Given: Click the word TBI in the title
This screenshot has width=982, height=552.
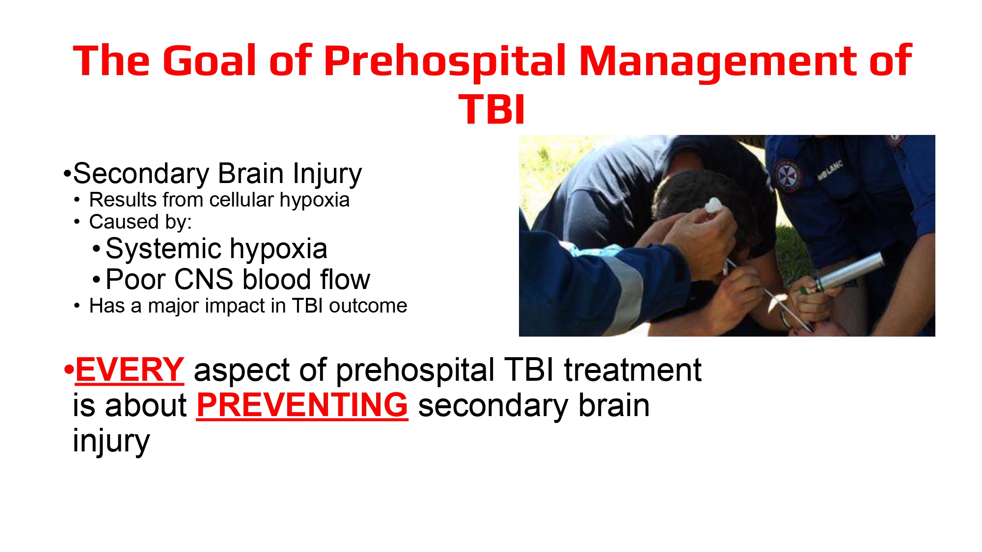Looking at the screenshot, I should (x=491, y=109).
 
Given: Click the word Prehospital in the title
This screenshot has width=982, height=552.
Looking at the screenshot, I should (x=444, y=61).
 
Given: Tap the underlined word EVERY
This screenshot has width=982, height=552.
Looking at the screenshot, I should (x=130, y=369).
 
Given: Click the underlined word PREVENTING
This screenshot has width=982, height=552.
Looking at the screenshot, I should (x=302, y=405).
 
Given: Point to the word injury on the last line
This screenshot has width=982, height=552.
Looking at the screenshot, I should (x=111, y=441).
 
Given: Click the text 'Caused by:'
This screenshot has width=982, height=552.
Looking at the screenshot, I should (x=140, y=222).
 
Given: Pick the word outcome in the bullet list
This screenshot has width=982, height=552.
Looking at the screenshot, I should (x=368, y=306).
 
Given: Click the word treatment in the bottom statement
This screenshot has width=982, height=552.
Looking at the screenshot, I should (x=632, y=369).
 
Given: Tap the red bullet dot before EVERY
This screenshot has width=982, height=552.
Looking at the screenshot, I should (x=68, y=369).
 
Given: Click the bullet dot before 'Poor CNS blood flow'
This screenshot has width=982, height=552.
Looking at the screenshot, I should (x=97, y=280).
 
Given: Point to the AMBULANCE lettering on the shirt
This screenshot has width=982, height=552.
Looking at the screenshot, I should (x=830, y=170).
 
